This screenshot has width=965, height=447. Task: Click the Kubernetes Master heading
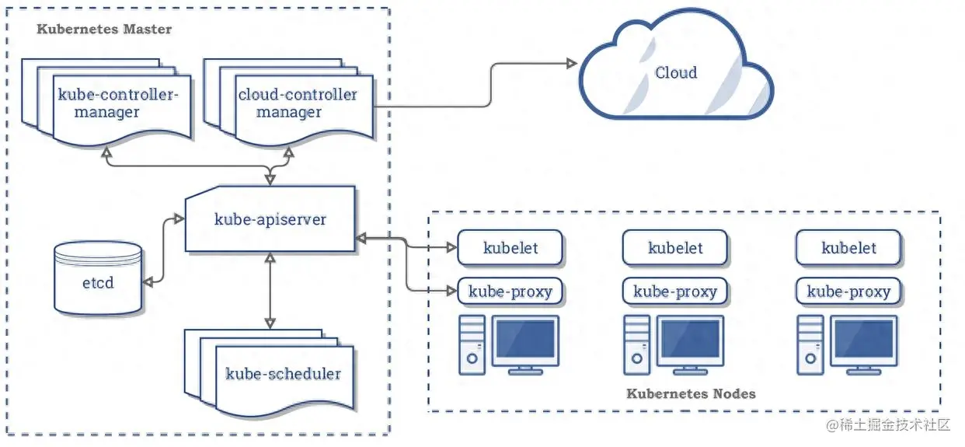pos(104,29)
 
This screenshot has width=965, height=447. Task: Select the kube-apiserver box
pos(270,218)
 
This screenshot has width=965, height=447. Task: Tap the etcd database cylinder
pos(98,278)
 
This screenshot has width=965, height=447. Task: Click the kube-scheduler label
pos(283,374)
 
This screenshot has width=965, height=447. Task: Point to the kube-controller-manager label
pos(117,103)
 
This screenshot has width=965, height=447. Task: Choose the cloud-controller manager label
pos(298,103)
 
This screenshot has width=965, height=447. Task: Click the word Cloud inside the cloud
pos(676,72)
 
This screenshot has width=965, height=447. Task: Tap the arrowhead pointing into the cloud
pos(572,64)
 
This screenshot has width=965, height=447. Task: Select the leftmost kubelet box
pos(510,247)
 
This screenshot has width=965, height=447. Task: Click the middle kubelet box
pos(675,247)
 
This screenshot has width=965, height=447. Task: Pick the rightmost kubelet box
pos(848,247)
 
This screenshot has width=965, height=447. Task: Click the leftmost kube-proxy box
pos(510,292)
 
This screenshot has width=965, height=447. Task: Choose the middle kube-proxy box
pos(675,292)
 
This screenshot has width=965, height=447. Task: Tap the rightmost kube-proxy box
pos(848,292)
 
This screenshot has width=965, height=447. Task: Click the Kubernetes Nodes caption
pos(691,393)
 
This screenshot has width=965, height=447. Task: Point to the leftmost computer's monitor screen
pos(525,339)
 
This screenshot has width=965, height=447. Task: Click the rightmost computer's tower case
pos(810,345)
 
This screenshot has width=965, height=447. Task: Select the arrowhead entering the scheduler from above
pos(270,323)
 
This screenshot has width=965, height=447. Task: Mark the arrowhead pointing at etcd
pos(148,282)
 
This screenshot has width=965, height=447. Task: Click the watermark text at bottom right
pos(888,425)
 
